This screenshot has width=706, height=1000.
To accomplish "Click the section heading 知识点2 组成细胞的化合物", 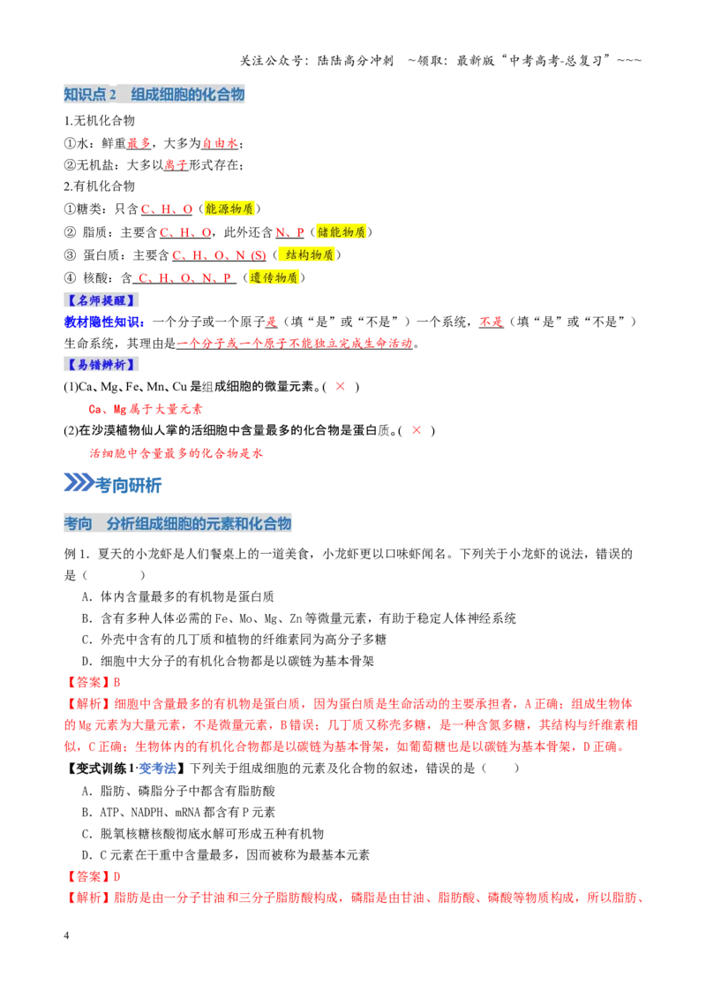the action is coord(154,95).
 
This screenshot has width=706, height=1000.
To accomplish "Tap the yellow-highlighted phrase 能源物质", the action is coord(229,208).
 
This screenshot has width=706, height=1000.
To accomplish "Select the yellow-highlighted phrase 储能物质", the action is coord(341,231).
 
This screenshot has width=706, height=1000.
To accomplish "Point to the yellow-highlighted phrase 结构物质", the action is coord(309,254).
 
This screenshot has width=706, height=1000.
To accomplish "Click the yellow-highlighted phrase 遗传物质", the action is coord(274,277).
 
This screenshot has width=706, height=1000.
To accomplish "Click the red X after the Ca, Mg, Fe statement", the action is coord(341,386).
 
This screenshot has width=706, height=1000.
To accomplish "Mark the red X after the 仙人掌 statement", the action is coord(416,430).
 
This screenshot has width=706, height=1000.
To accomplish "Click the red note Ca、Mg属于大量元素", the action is coord(146,409).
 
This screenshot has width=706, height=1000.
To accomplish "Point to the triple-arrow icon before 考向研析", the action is coord(79,483).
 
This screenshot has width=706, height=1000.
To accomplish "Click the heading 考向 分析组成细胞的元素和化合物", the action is coord(177,524).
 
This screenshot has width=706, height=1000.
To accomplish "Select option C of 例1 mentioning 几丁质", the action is coord(234,639).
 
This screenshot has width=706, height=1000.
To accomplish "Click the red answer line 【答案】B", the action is coord(93,682).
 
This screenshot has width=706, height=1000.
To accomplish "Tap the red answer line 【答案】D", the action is coord(93,876).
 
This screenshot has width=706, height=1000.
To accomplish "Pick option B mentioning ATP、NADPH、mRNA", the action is coord(178,812).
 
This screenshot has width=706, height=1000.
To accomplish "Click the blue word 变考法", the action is coord(157,769).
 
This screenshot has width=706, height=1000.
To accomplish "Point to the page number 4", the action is coord(66,936).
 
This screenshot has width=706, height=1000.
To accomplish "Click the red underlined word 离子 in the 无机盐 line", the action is coord(176,164).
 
